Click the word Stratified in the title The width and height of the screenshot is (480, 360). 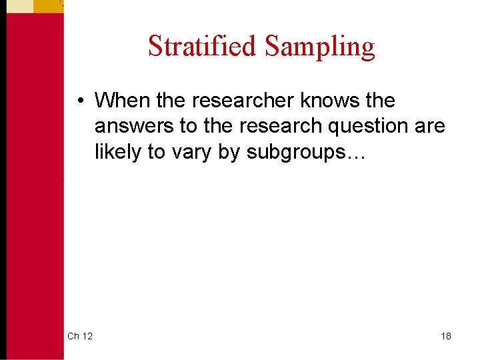click(x=202, y=47)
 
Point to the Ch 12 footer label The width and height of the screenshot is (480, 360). click(x=80, y=335)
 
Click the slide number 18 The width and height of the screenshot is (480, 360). click(x=445, y=335)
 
